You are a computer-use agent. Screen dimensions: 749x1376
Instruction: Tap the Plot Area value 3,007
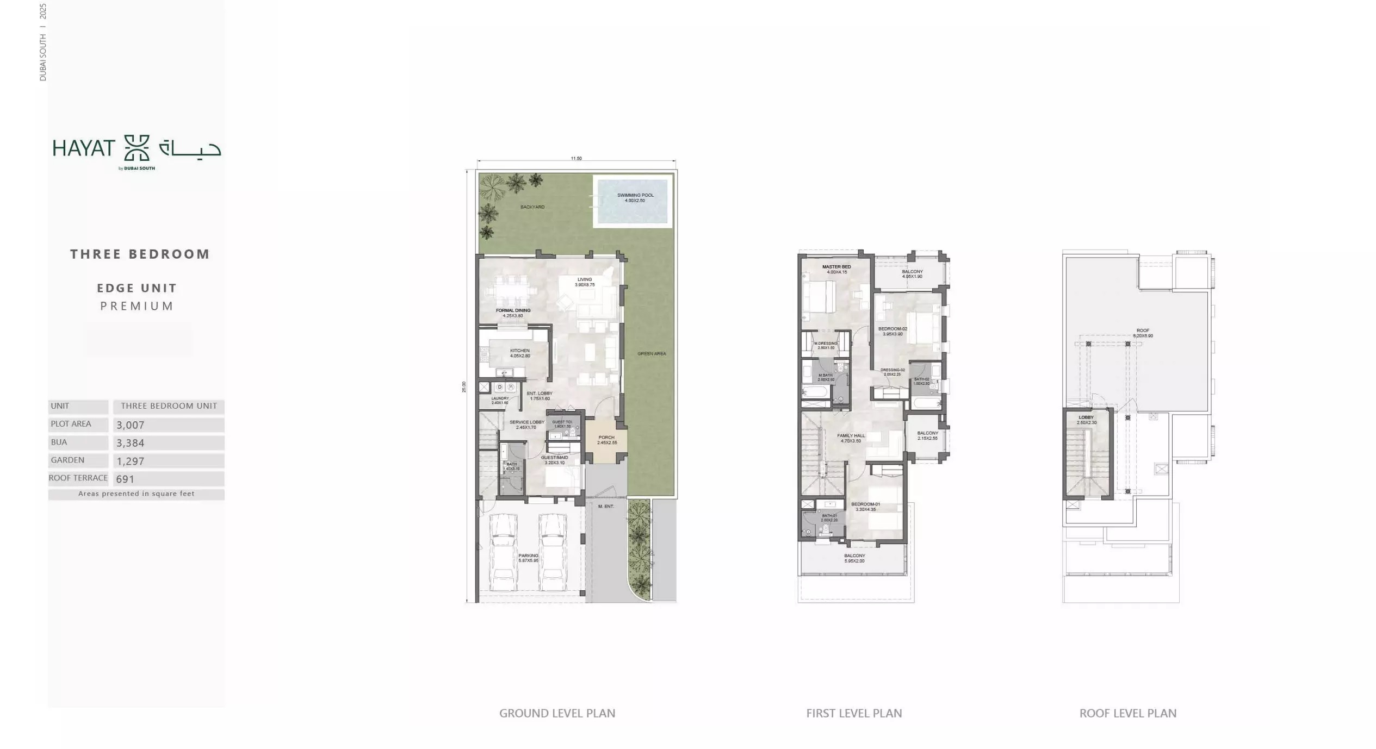tap(131, 425)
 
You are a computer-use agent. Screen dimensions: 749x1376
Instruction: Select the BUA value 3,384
tap(131, 443)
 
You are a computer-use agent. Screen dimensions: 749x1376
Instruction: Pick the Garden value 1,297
tap(131, 461)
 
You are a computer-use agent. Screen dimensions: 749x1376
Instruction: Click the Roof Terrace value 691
tap(125, 479)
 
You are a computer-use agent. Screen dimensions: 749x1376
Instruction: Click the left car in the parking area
tap(503, 552)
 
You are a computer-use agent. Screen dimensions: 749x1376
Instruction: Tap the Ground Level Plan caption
tap(557, 713)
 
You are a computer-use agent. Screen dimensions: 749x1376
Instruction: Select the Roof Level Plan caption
tap(1127, 713)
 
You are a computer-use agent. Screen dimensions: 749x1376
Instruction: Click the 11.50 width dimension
tap(576, 159)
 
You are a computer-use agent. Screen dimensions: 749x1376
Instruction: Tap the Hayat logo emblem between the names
tap(137, 148)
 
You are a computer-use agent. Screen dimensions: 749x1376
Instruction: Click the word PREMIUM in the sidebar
tap(137, 306)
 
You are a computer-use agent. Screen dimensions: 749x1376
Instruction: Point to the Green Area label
tap(652, 353)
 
